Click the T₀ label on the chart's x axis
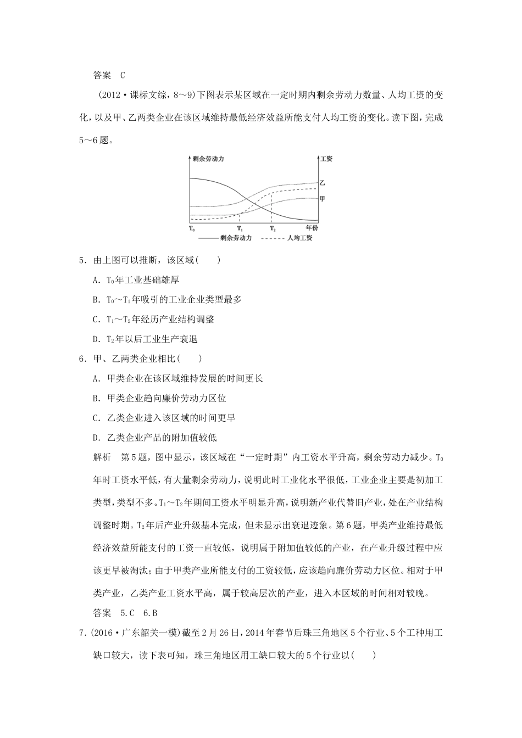(192, 228)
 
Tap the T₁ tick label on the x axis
(240, 228)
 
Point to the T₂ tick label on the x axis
(273, 228)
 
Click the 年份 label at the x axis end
(312, 228)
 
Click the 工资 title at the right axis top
(326, 159)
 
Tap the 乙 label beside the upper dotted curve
(323, 182)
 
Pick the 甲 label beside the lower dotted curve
(323, 198)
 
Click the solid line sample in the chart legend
(207, 238)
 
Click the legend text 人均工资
(299, 238)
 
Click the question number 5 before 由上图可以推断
(82, 260)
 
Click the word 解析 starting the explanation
(103, 457)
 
